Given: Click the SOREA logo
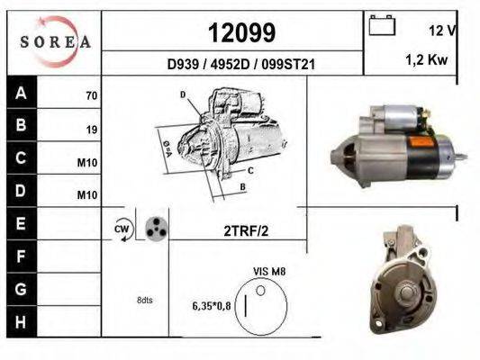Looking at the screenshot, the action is tap(55, 41).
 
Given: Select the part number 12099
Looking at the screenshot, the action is tap(242, 32).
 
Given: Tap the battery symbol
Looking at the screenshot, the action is tap(382, 25).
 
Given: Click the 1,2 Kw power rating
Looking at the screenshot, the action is tap(427, 59).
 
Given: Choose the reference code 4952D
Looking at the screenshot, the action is tap(231, 65).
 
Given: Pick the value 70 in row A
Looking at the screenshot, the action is tap(92, 95).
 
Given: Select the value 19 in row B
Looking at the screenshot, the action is tap(92, 130).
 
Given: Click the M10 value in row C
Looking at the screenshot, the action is tap(87, 163).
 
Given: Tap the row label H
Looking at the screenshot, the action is tap(21, 322).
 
